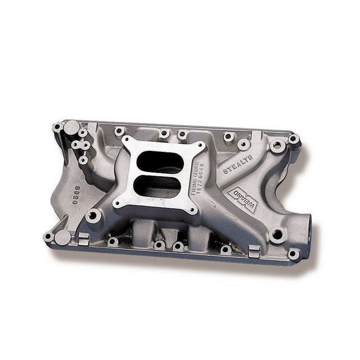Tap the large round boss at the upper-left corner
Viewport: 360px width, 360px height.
coord(72,127)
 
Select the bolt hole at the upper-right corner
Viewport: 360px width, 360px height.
coord(293,138)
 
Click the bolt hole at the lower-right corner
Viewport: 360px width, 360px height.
coord(293,254)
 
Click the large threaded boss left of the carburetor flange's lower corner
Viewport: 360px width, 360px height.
coord(94,215)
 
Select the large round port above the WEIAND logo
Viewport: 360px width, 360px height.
coord(277,146)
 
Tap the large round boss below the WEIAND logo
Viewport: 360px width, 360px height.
coord(277,235)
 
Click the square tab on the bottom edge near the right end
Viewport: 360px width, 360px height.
coord(254,251)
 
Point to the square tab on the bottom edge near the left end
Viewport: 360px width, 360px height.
coord(83,238)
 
